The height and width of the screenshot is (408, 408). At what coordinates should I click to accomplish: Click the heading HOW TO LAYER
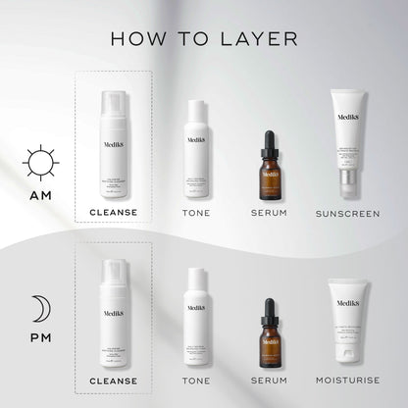(x=203, y=38)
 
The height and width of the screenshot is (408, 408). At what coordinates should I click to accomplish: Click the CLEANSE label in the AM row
(x=113, y=212)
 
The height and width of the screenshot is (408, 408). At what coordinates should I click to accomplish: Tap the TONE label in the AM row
(x=196, y=212)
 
